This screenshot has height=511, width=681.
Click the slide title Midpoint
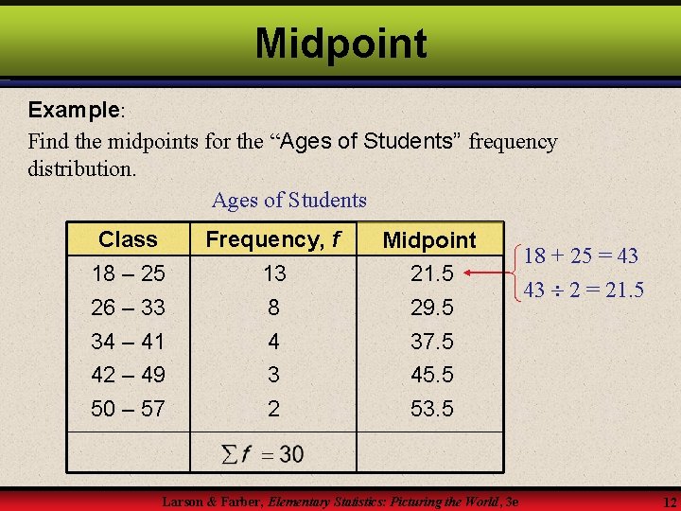tap(340, 44)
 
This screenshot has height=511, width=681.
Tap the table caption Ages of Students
tap(288, 200)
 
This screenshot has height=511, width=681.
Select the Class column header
tap(128, 239)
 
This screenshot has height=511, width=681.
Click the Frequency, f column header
tap(273, 239)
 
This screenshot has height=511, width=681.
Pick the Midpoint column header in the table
tap(429, 240)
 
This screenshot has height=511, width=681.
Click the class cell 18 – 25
tap(128, 273)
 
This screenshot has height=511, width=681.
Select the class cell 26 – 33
tap(128, 308)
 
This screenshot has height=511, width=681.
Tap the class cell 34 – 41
tap(128, 341)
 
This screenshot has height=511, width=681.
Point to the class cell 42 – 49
tap(128, 375)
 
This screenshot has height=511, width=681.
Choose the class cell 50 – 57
tap(128, 409)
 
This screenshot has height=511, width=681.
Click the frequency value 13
tap(274, 273)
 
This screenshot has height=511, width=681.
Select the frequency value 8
tap(273, 308)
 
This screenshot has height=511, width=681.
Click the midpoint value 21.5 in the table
tap(431, 273)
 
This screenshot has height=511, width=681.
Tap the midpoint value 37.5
tap(431, 341)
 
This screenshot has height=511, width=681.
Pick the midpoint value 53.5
tap(431, 409)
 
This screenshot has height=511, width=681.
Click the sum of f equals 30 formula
tap(262, 454)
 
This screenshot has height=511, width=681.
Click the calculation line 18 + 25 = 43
tap(581, 255)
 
